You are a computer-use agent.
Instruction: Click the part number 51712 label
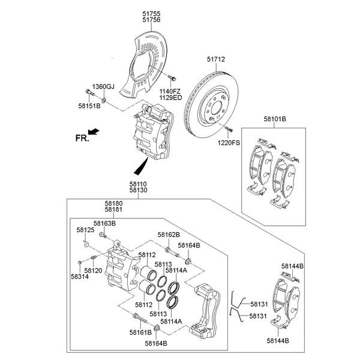click(216, 59)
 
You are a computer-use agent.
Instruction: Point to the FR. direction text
click(82, 138)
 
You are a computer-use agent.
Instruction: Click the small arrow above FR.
click(93, 131)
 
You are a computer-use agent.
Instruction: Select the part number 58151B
click(89, 106)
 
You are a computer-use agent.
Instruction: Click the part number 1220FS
click(227, 143)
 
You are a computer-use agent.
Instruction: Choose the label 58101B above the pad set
click(274, 119)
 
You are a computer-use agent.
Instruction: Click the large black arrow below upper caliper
click(142, 164)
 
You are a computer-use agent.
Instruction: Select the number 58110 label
click(137, 184)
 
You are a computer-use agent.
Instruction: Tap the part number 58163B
click(106, 223)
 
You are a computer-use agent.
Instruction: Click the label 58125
click(85, 230)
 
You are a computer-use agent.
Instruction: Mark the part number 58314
click(79, 277)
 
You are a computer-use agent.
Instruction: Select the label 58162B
click(169, 235)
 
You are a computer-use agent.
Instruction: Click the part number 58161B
click(140, 332)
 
